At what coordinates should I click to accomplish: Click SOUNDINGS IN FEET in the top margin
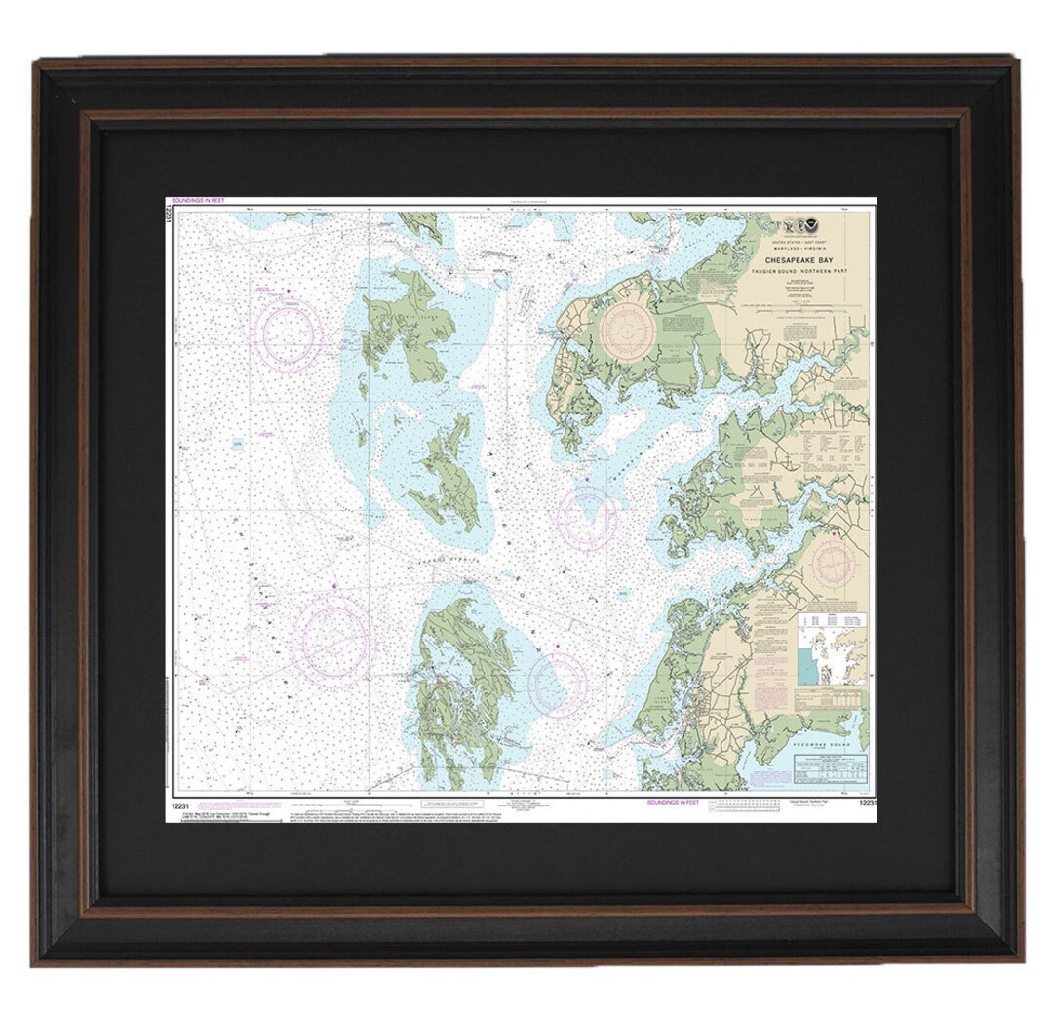point(197,201)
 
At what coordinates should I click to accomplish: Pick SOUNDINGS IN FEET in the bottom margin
point(673,801)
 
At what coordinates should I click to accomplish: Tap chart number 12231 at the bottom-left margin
point(178,806)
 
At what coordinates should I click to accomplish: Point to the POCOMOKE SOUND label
point(830,744)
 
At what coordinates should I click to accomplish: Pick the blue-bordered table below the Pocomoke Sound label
point(830,769)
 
